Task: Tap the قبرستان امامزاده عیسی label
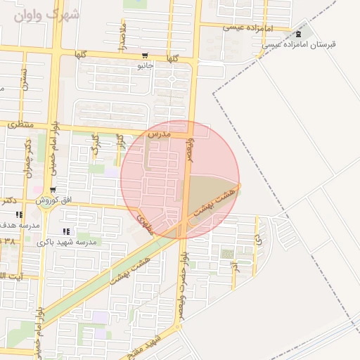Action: pyautogui.click(x=300, y=44)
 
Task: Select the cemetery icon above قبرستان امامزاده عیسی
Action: pyautogui.click(x=300, y=33)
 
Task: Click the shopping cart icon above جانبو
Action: pyautogui.click(x=145, y=56)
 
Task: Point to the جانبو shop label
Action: pyautogui.click(x=145, y=66)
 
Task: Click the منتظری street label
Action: pyautogui.click(x=20, y=124)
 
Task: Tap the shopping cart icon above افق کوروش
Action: pyautogui.click(x=53, y=190)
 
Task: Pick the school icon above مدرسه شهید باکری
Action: pyautogui.click(x=66, y=231)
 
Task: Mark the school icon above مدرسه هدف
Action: pyautogui.click(x=18, y=214)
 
